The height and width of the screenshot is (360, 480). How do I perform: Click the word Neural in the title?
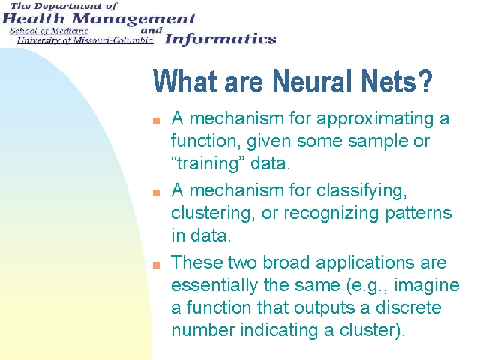pyautogui.click(x=312, y=81)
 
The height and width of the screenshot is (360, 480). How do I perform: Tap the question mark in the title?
pyautogui.click(x=426, y=81)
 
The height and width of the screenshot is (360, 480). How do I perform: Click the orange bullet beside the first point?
pyautogui.click(x=157, y=121)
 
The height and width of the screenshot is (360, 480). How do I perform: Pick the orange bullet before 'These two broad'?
pyautogui.click(x=157, y=265)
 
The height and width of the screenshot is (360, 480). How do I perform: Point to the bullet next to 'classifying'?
pyautogui.click(x=157, y=193)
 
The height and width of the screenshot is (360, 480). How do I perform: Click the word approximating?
pyautogui.click(x=376, y=119)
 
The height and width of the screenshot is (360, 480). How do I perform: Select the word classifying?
pyautogui.click(x=361, y=191)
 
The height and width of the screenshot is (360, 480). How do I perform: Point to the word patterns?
pyautogui.click(x=418, y=214)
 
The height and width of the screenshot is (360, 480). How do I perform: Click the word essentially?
pyautogui.click(x=214, y=285)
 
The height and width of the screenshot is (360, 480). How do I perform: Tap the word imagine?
pyautogui.click(x=427, y=286)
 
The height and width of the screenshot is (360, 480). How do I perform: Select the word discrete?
pyautogui.click(x=408, y=307)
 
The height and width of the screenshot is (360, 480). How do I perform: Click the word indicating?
pyautogui.click(x=279, y=330)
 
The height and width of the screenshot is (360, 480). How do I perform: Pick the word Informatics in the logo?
pyautogui.click(x=220, y=40)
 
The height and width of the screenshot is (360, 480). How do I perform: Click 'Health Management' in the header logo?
pyautogui.click(x=98, y=19)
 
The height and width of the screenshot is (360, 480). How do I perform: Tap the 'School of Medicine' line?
pyautogui.click(x=49, y=31)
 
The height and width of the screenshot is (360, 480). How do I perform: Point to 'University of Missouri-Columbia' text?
pyautogui.click(x=85, y=40)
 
